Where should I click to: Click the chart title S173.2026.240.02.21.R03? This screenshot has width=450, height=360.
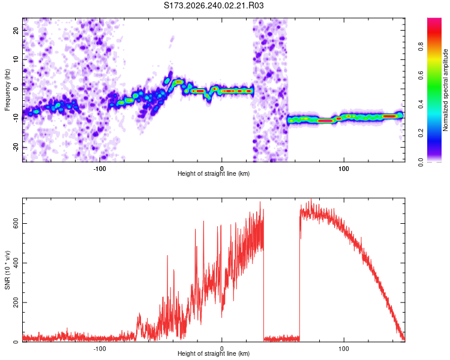pyautogui.click(x=214, y=5)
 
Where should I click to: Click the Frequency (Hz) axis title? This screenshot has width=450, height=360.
pyautogui.click(x=7, y=90)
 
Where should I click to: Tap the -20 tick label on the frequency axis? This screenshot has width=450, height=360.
pyautogui.click(x=16, y=148)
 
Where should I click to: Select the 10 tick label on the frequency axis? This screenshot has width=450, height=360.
pyautogui.click(x=16, y=59)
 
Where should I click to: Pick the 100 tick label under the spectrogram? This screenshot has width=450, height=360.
pyautogui.click(x=344, y=169)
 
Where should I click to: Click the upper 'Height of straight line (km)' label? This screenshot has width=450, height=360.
pyautogui.click(x=214, y=173)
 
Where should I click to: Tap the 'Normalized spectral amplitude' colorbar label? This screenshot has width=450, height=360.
pyautogui.click(x=445, y=90)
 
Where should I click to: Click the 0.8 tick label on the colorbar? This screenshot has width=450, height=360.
pyautogui.click(x=421, y=47)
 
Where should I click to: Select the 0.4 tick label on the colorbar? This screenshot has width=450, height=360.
pyautogui.click(x=421, y=104)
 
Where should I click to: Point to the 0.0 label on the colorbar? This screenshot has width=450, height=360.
pyautogui.click(x=421, y=162)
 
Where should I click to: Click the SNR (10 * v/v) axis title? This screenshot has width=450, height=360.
pyautogui.click(x=7, y=270)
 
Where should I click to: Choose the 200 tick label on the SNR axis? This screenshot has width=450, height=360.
pyautogui.click(x=16, y=302)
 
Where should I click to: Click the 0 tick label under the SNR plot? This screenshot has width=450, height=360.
pyautogui.click(x=221, y=349)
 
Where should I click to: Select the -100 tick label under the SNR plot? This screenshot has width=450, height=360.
pyautogui.click(x=100, y=349)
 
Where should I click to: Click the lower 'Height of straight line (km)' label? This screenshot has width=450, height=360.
pyautogui.click(x=214, y=353)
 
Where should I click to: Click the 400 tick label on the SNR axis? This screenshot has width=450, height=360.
pyautogui.click(x=16, y=263)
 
